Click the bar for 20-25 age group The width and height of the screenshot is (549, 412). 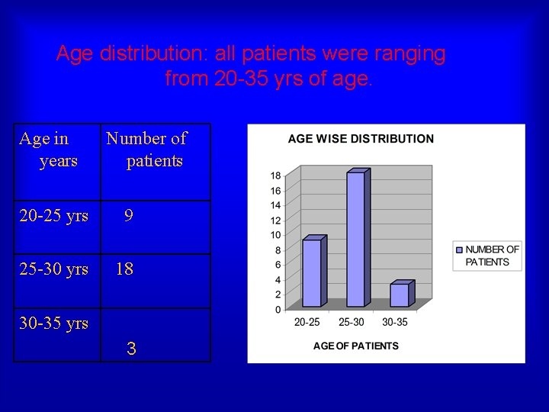pyautogui.click(x=312, y=273)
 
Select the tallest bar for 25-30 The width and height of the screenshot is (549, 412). pyautogui.click(x=356, y=240)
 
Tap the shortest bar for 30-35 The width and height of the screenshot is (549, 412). pyautogui.click(x=400, y=295)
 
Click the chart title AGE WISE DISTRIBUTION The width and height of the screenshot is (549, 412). pyautogui.click(x=361, y=139)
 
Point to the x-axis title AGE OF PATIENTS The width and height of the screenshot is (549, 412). pyautogui.click(x=356, y=346)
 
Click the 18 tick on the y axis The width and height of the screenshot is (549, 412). pyautogui.click(x=275, y=175)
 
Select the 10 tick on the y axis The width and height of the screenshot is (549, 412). pyautogui.click(x=275, y=235)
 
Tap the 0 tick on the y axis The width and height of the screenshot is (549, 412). pyautogui.click(x=278, y=310)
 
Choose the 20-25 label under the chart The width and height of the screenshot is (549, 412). pyautogui.click(x=307, y=323)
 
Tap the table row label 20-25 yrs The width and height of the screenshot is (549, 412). pyautogui.click(x=53, y=216)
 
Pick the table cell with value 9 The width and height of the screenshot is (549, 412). pyautogui.click(x=129, y=216)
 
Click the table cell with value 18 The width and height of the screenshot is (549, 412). pyautogui.click(x=124, y=269)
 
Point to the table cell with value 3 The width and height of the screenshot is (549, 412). pyautogui.click(x=131, y=349)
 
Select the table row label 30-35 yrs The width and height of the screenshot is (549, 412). pyautogui.click(x=53, y=323)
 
